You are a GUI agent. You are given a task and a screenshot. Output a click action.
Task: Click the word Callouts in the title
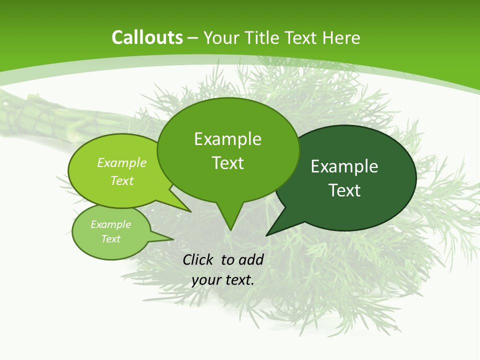tap(147, 37)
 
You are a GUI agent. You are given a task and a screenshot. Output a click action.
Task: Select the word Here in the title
tap(341, 37)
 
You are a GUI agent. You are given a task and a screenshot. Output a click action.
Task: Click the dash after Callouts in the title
tap(193, 38)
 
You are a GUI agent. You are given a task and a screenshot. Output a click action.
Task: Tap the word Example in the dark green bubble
tap(344, 166)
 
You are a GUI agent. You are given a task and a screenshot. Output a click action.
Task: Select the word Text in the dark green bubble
tap(344, 190)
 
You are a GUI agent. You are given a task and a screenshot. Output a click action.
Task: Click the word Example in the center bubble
tap(227, 139)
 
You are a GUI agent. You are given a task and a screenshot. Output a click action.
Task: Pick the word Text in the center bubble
tap(227, 163)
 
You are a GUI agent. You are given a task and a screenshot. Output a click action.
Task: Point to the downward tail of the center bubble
tap(230, 220)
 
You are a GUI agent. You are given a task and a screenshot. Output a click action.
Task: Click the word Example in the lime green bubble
tap(122, 162)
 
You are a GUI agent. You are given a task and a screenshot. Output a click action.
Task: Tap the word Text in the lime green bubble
tap(122, 180)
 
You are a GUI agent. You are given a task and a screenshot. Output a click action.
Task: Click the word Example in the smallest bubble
tap(110, 224)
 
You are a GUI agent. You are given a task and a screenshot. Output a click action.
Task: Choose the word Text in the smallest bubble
tap(110, 239)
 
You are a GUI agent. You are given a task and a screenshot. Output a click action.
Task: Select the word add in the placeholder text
tap(251, 259)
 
